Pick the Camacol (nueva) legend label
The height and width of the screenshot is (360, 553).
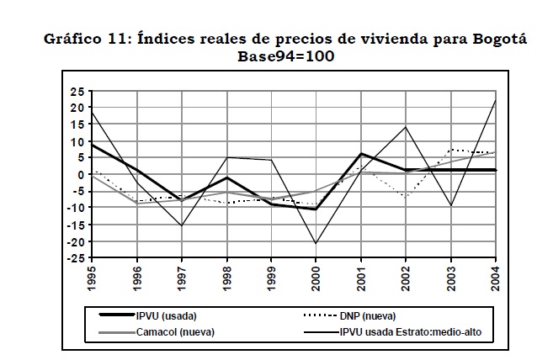(x=172, y=331)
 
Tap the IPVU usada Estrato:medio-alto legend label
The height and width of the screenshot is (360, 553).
(x=414, y=331)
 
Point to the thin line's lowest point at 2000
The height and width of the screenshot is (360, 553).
(x=316, y=244)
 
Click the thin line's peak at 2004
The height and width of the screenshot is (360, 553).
(x=496, y=101)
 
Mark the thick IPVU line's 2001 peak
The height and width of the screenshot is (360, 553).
(x=361, y=154)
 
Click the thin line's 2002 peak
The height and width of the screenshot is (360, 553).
(x=406, y=127)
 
